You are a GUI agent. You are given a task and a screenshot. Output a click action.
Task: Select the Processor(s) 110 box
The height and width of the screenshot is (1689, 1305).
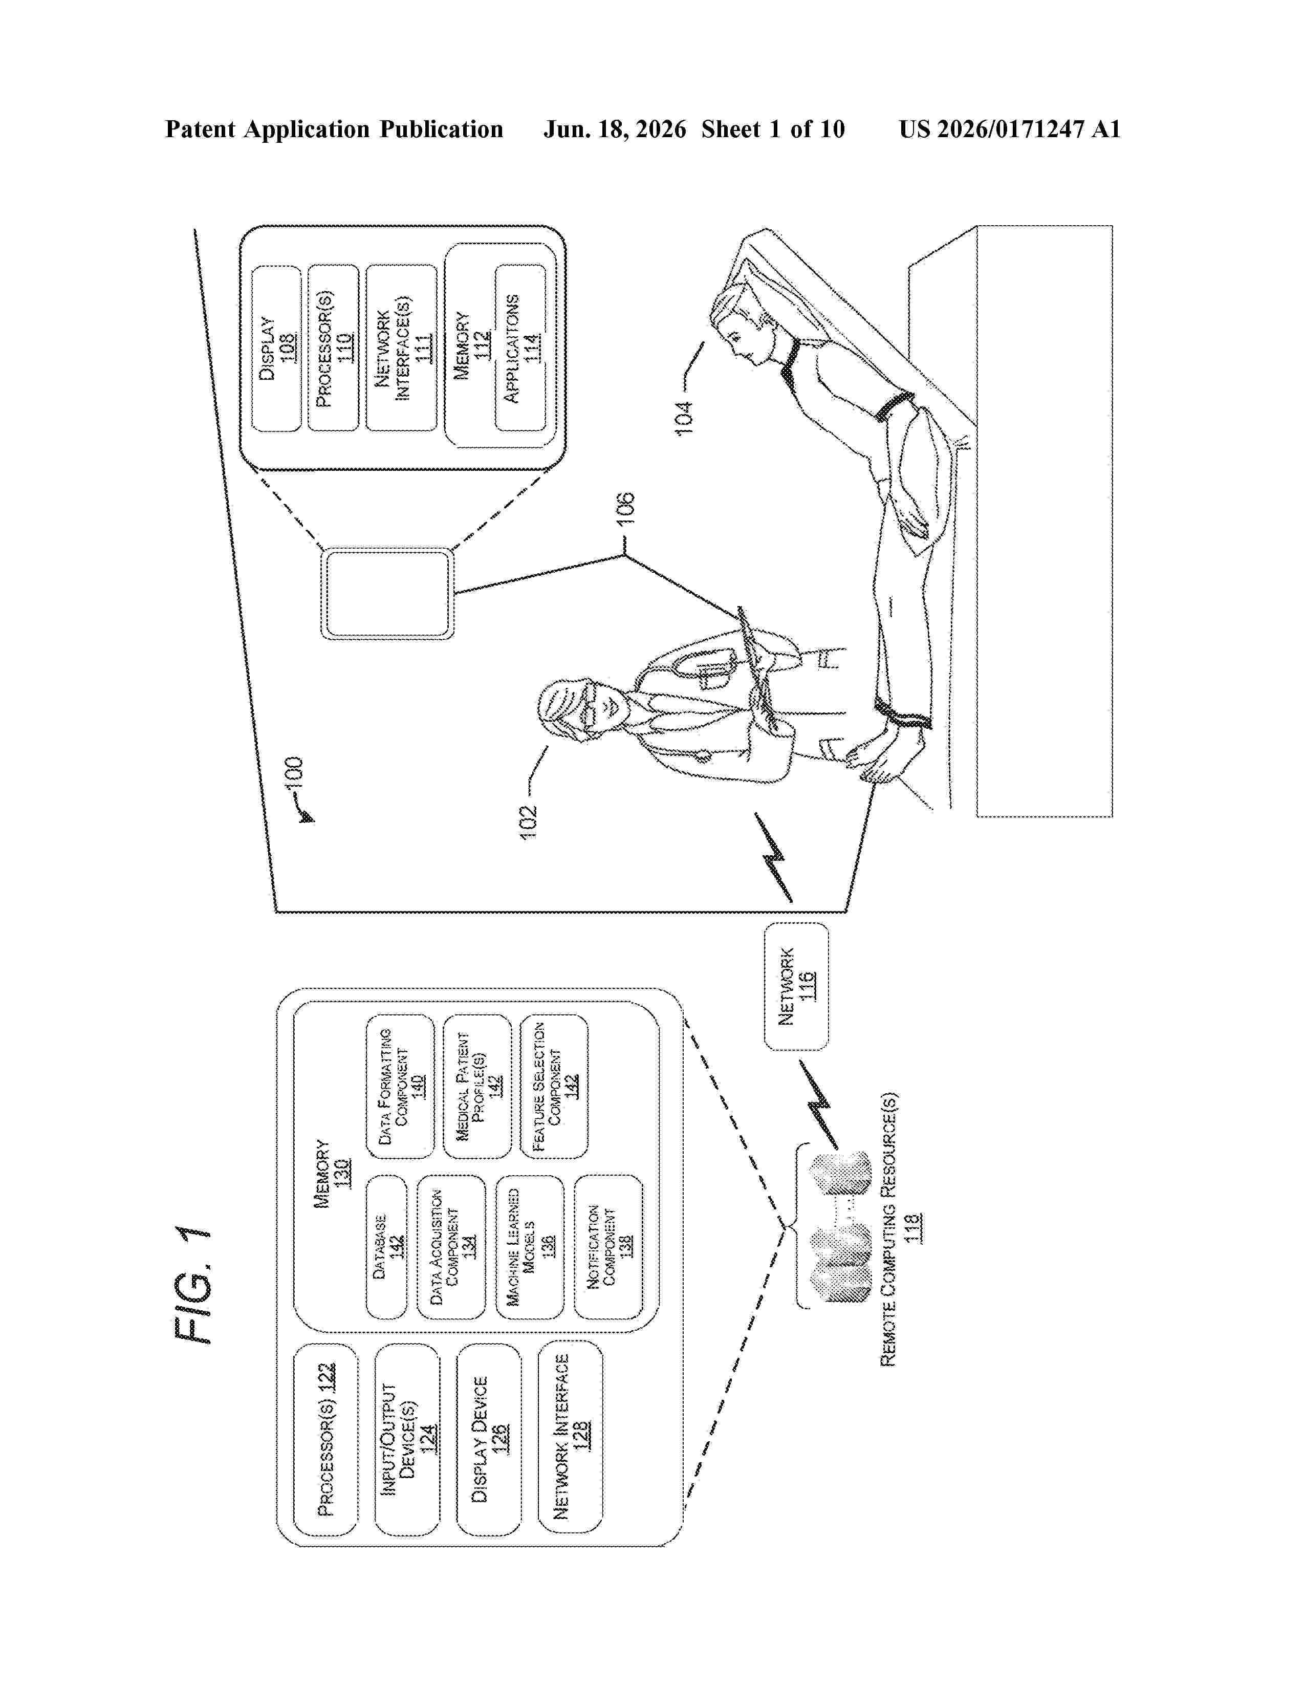tap(333, 348)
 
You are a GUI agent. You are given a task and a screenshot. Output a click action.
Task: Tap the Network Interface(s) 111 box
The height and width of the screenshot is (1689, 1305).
tap(401, 348)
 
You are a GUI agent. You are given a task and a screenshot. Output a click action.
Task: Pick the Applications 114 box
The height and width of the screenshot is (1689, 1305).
tap(520, 348)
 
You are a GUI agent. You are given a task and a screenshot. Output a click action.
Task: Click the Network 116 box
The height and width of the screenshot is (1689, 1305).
tap(796, 986)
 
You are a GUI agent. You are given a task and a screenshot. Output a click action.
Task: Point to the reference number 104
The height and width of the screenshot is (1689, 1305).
tap(684, 418)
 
